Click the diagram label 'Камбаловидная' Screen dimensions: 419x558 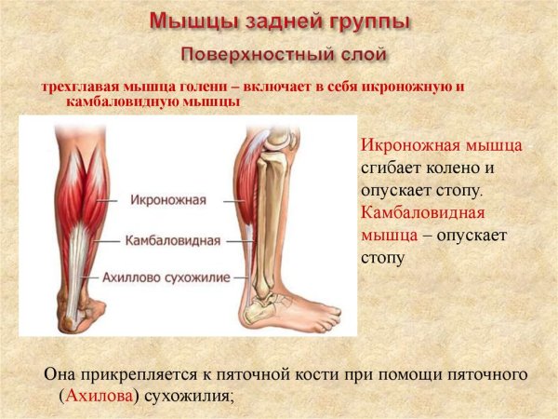click(x=173, y=240)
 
